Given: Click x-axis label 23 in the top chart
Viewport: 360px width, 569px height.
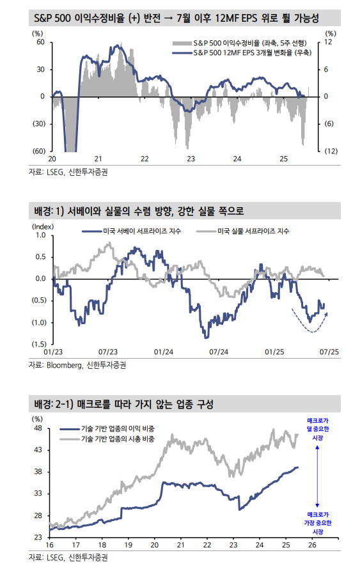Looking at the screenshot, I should [x=190, y=159].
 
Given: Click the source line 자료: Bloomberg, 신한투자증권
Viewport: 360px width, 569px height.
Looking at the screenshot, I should [x=77, y=365].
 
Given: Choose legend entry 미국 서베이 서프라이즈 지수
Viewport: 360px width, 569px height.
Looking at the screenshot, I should [x=141, y=231].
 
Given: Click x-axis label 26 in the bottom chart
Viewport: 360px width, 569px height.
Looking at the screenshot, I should [x=313, y=545].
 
